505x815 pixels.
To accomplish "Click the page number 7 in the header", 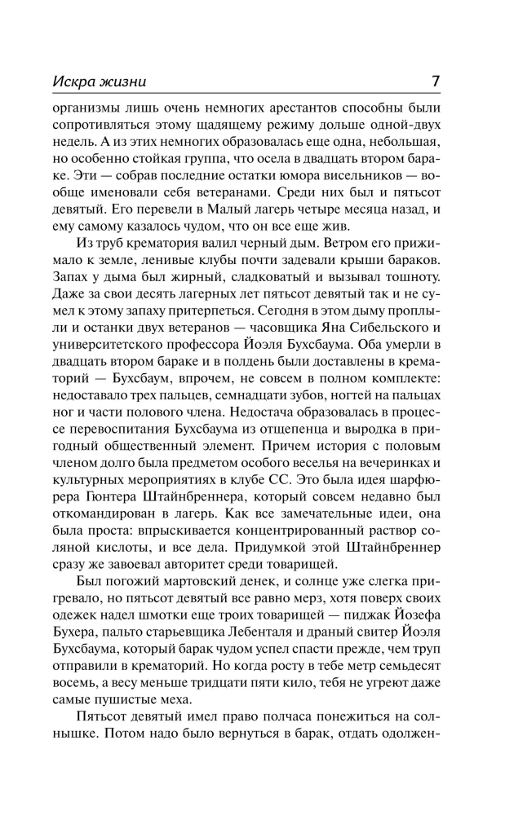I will (436, 81).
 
